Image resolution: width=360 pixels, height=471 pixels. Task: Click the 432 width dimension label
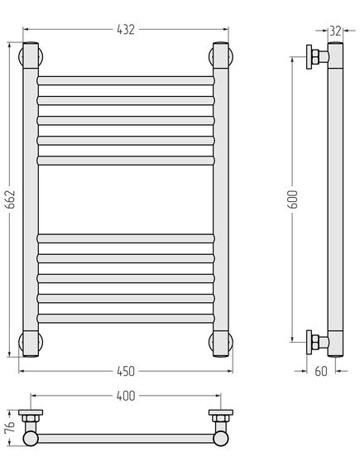(x=126, y=30)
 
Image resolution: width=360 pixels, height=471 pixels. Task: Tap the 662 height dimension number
(x=11, y=199)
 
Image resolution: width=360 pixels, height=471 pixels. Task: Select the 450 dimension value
(x=126, y=372)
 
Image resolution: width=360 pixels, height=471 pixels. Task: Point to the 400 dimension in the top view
(x=126, y=396)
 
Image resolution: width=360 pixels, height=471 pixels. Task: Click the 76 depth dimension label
(x=10, y=428)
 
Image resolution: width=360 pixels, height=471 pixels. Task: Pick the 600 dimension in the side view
(x=293, y=199)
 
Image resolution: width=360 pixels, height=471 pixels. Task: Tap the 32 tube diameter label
(x=335, y=31)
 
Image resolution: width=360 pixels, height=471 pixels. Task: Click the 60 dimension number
(x=321, y=372)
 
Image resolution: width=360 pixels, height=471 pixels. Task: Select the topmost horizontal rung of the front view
(x=126, y=81)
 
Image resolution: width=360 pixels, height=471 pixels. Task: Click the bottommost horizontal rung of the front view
(x=126, y=319)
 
